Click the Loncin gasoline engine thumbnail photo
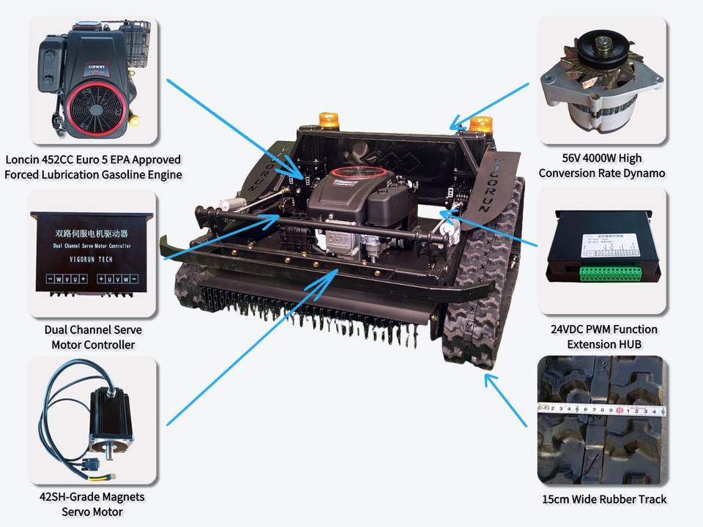tap(92, 81)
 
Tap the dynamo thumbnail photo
tap(602, 81)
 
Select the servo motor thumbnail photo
tap(92, 421)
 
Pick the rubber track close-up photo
tap(602, 421)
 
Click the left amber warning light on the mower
tap(327, 121)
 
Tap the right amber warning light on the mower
tap(480, 125)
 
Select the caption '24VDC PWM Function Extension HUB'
tap(603, 337)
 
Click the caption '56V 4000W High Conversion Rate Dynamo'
tap(602, 165)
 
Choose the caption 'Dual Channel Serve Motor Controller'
tap(93, 337)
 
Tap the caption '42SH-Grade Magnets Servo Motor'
tap(92, 504)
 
